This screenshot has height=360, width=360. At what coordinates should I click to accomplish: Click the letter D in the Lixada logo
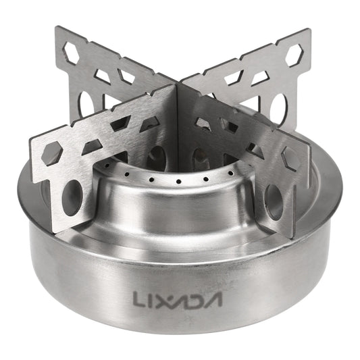point(195,297)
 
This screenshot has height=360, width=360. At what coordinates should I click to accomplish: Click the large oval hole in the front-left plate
point(72,197)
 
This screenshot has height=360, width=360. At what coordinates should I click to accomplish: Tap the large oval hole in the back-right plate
point(278,107)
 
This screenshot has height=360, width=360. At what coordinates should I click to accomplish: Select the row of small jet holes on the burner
point(177,182)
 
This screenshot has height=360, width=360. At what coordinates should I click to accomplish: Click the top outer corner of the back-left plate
point(57,28)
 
